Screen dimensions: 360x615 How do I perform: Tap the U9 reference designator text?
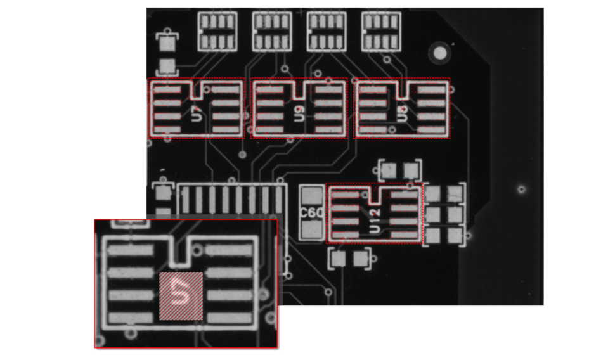(x=299, y=115)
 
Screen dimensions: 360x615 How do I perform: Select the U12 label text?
(x=375, y=219)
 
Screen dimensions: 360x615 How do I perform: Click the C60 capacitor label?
(x=311, y=213)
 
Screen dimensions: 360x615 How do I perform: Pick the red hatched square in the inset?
(x=181, y=296)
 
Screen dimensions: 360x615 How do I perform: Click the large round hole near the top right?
(x=437, y=52)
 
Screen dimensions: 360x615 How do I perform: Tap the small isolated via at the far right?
(x=521, y=189)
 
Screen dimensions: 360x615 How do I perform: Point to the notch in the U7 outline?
(x=197, y=90)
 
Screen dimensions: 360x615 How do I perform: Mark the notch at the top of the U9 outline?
(x=299, y=90)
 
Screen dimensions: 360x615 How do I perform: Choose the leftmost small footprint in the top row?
(x=217, y=31)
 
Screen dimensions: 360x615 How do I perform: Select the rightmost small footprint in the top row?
(x=381, y=31)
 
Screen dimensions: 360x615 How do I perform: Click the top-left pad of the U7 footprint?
(x=167, y=90)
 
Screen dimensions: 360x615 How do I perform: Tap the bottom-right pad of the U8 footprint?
(x=432, y=129)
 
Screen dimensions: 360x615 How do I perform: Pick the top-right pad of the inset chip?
(x=229, y=250)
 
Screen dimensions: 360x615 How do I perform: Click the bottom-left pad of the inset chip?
(x=131, y=318)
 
